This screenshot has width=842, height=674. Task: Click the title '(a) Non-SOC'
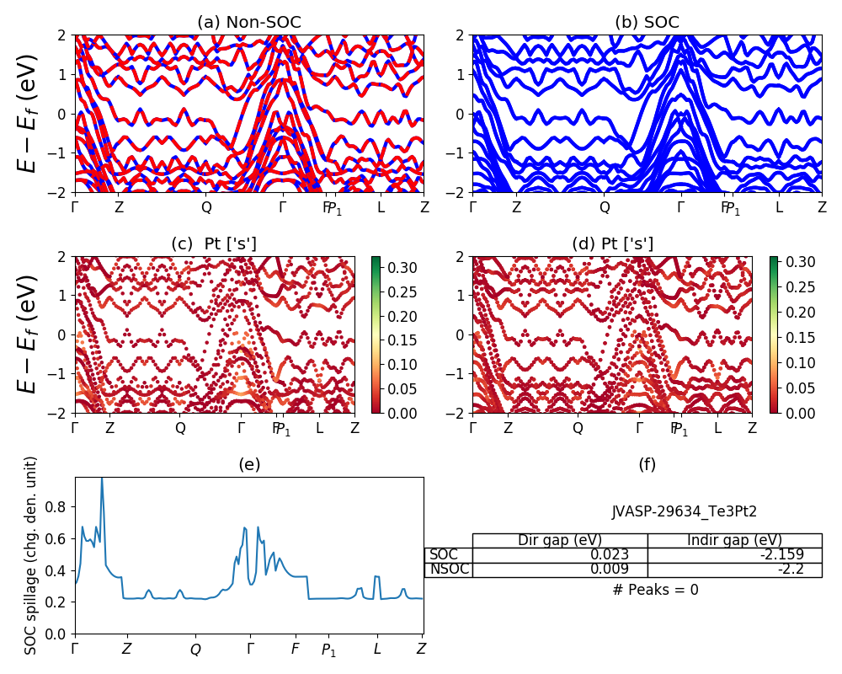click(x=248, y=23)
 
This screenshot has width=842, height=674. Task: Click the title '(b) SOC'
click(x=647, y=23)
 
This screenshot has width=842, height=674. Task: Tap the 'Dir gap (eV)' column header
click(x=560, y=540)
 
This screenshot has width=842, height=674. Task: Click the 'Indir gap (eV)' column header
click(x=734, y=540)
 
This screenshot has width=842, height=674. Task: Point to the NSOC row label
click(x=448, y=570)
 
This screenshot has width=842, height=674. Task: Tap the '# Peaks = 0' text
click(x=656, y=590)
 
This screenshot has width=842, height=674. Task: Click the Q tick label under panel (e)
click(x=195, y=650)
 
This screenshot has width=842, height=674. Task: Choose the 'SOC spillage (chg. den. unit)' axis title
click(x=31, y=555)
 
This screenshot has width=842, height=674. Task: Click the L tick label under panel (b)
click(x=779, y=206)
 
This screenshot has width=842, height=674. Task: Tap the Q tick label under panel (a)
click(x=206, y=206)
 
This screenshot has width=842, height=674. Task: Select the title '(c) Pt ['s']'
click(x=214, y=244)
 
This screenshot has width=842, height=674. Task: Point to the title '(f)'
click(x=647, y=464)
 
